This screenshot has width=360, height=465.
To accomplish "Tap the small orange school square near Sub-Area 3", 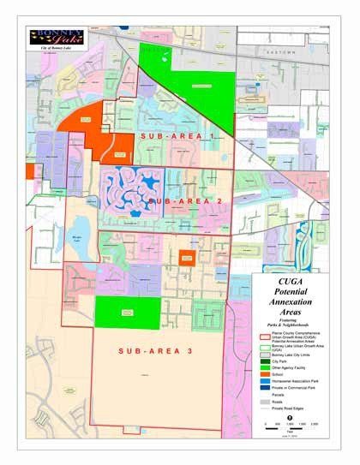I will point(188,259).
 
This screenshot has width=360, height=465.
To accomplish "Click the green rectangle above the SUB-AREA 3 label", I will point(127,311).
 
